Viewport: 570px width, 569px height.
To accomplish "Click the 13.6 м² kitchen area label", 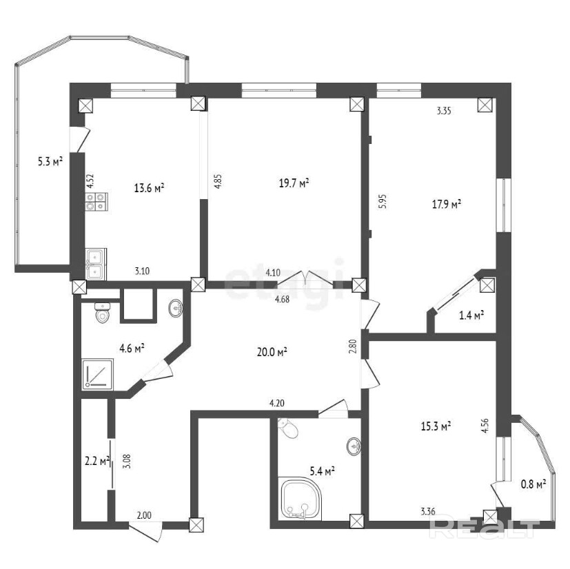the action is [x=149, y=188].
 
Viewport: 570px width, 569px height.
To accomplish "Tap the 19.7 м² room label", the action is [x=294, y=183].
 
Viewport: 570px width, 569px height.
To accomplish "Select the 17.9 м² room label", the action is [x=447, y=204].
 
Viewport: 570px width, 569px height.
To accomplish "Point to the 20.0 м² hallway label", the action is [x=272, y=352].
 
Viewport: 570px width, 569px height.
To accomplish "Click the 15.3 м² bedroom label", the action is [x=436, y=426].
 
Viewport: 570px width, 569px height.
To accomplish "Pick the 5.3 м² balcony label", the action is [x=50, y=161].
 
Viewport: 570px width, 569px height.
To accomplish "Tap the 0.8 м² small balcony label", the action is [x=533, y=484].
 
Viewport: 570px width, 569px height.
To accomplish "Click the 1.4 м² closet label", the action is [x=471, y=315].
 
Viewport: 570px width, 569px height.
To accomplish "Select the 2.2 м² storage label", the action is [x=97, y=461].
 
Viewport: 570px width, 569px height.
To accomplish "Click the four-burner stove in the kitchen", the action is [x=96, y=202].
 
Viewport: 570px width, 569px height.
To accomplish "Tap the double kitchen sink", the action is [x=96, y=264].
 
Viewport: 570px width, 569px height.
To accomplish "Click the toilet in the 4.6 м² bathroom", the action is [x=103, y=313].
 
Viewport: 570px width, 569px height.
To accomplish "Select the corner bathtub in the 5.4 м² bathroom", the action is [x=301, y=499].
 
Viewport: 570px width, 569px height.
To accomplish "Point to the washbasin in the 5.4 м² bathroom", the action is [x=354, y=446].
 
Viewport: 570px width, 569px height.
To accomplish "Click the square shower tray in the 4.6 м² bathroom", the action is [x=98, y=374].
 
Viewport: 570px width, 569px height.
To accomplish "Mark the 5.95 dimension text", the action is [x=383, y=201].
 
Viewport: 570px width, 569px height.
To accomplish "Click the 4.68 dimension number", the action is [x=283, y=300].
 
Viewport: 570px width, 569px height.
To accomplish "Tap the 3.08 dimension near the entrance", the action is [x=128, y=462].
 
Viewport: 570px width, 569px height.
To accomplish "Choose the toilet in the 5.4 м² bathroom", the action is [x=289, y=428].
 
